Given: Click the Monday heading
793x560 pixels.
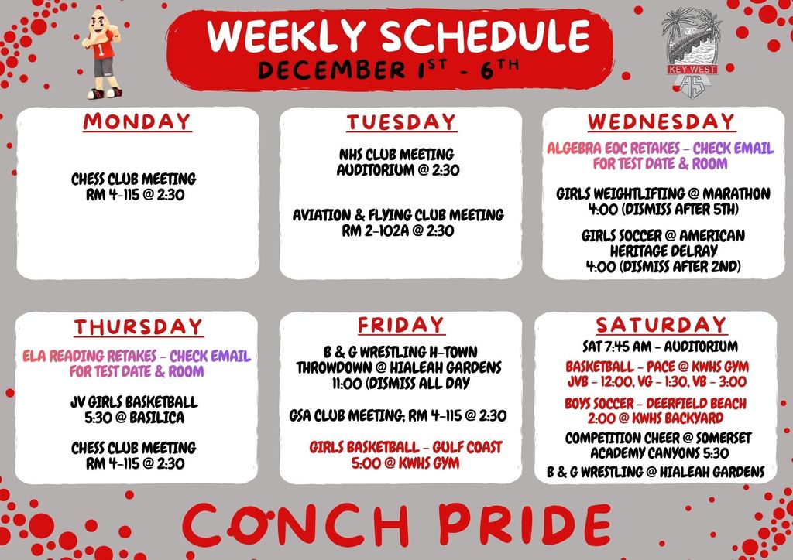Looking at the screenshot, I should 137,121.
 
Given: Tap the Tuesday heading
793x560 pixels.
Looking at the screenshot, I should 400,121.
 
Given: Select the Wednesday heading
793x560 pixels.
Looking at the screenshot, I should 661,121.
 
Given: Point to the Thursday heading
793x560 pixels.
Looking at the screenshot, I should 138,327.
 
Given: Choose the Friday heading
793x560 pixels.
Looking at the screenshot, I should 400,325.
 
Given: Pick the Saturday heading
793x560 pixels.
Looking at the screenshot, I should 661,324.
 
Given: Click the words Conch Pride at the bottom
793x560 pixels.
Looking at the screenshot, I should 396,524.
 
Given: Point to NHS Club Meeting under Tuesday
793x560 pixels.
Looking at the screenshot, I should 396,155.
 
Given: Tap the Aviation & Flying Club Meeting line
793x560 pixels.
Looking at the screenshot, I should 398,215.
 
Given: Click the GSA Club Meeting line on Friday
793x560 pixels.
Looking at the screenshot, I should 398,416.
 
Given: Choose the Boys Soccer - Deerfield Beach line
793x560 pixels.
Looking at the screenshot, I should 655,404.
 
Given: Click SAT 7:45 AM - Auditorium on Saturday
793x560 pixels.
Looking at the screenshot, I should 660,346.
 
